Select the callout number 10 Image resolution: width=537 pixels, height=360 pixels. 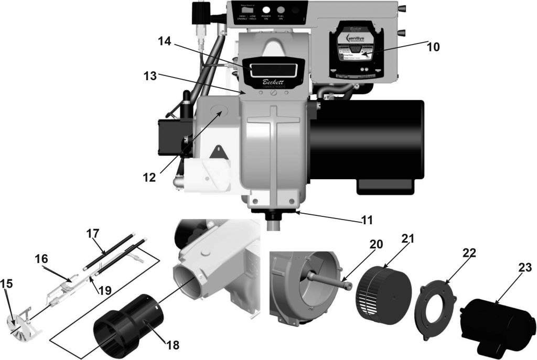(x=433, y=47)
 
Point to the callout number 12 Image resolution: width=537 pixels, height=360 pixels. (x=149, y=177)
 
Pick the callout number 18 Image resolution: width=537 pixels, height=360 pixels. (x=171, y=345)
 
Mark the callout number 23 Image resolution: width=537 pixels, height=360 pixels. (x=524, y=268)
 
